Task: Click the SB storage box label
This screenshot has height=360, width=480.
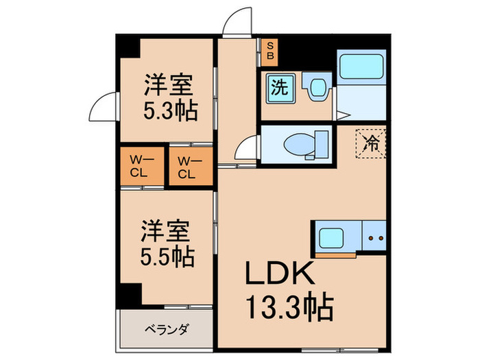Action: [x=269, y=49]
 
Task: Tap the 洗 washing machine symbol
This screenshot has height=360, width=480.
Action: [x=278, y=88]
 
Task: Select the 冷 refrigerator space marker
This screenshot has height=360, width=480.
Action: [x=371, y=143]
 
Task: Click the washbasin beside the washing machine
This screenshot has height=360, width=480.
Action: [x=317, y=88]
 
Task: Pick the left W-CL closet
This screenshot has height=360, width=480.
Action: [x=140, y=167]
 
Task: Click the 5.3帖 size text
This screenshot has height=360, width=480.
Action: [x=170, y=110]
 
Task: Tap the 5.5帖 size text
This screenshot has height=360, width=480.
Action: [x=168, y=258]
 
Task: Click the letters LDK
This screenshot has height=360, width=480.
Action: [x=281, y=275]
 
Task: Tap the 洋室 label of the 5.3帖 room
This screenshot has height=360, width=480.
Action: [x=169, y=85]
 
